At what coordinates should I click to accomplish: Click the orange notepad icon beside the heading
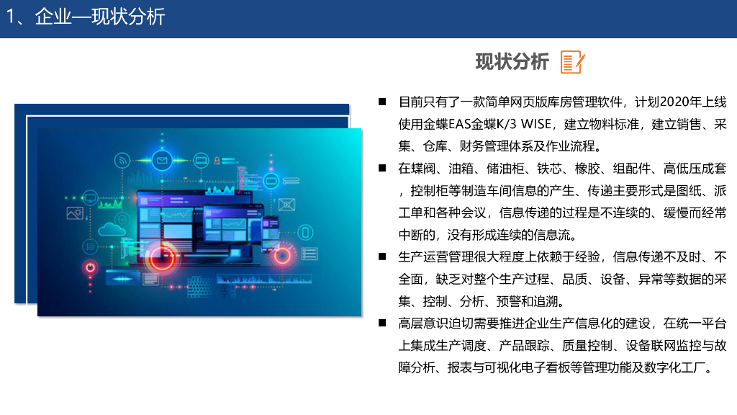pyautogui.click(x=572, y=62)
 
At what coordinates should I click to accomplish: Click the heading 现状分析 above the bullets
pyautogui.click(x=512, y=62)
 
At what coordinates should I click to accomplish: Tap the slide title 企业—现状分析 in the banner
pyautogui.click(x=99, y=17)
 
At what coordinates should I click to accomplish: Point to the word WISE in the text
pyautogui.click(x=535, y=124)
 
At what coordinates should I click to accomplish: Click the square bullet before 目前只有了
pyautogui.click(x=382, y=102)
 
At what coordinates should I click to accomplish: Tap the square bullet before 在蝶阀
pyautogui.click(x=382, y=168)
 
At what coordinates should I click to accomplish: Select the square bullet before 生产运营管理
pyautogui.click(x=382, y=256)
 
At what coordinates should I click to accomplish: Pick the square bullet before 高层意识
pyautogui.click(x=382, y=323)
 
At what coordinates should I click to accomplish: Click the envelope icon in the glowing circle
pyautogui.click(x=162, y=161)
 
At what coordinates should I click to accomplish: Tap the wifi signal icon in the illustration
pyautogui.click(x=122, y=161)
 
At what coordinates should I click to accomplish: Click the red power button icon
pyautogui.click(x=90, y=268)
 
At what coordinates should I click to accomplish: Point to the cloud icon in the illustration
pyautogui.click(x=112, y=230)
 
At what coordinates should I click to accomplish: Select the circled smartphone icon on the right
pyautogui.click(x=305, y=233)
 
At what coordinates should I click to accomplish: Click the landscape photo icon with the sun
pyautogui.click(x=75, y=213)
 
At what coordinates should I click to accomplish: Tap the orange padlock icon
pyautogui.click(x=217, y=161)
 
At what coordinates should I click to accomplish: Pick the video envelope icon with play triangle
pyautogui.click(x=286, y=204)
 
